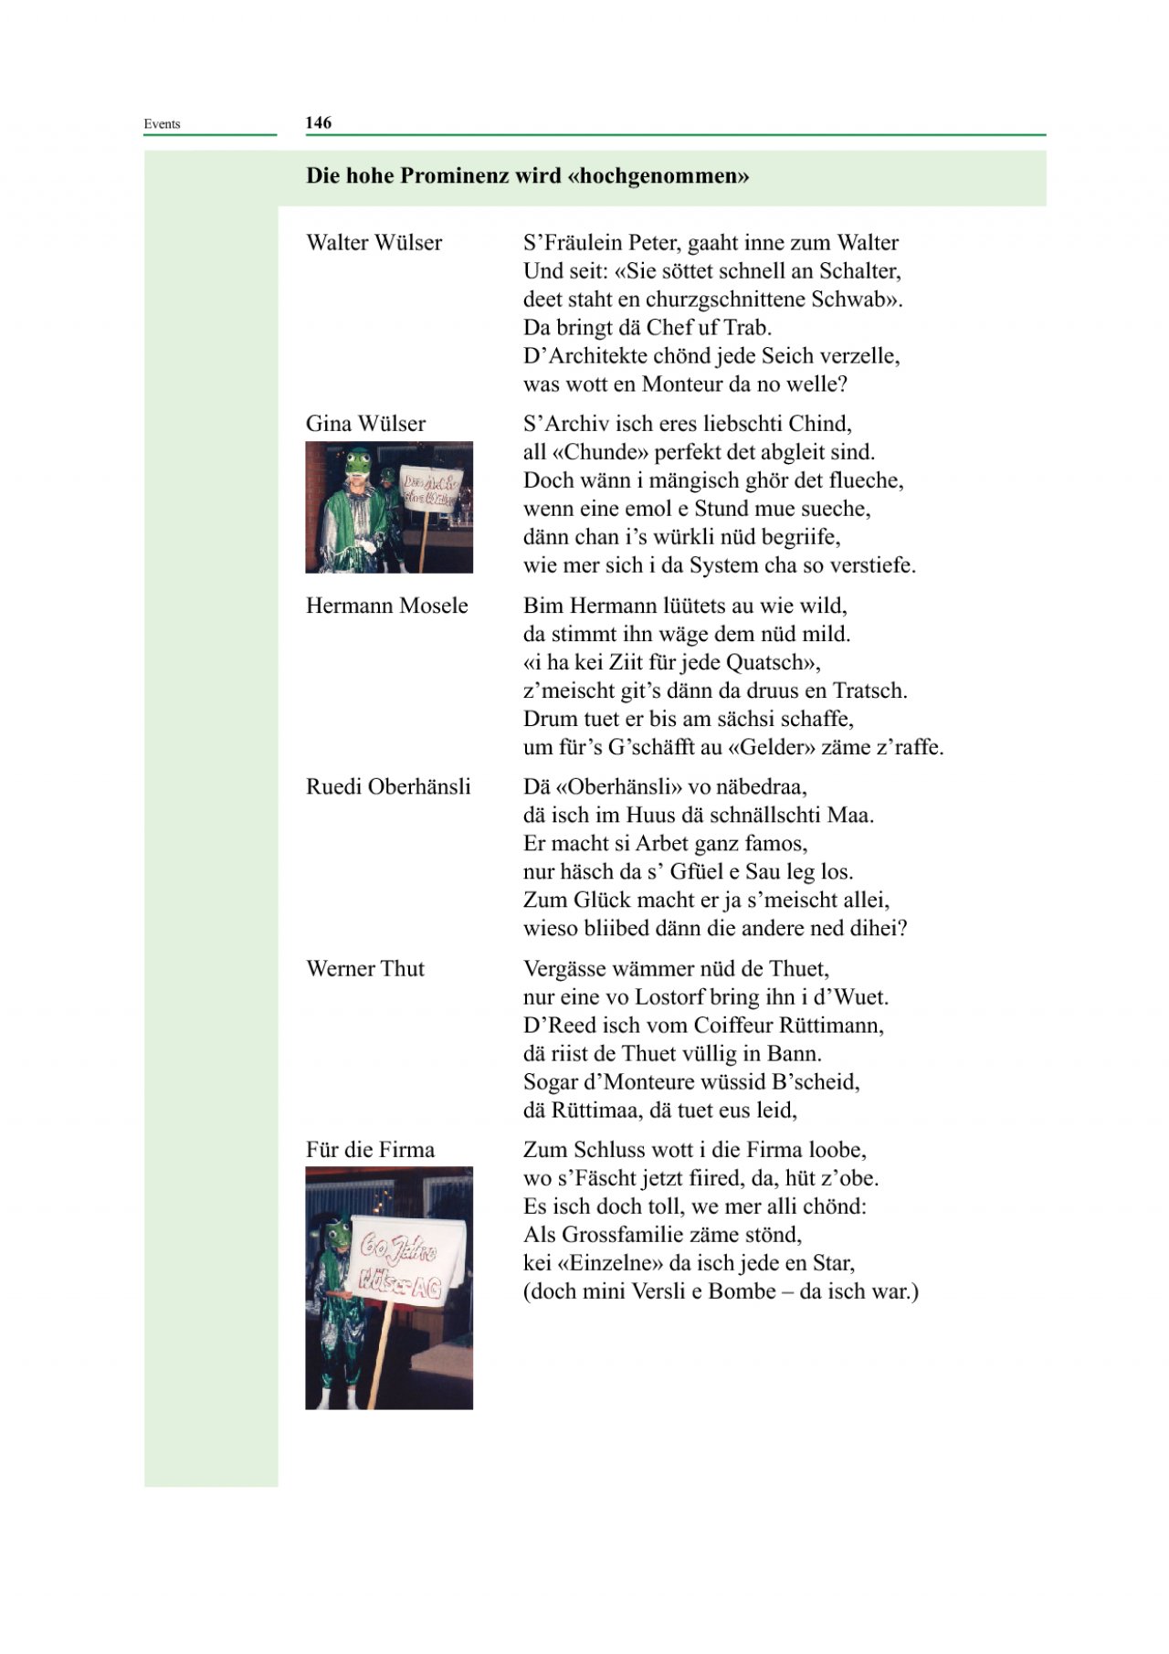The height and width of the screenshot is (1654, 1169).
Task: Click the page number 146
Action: point(319,122)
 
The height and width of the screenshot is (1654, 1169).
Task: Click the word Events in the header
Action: point(162,124)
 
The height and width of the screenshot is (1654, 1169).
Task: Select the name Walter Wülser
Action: point(374,242)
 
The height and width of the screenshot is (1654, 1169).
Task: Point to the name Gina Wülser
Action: point(365,423)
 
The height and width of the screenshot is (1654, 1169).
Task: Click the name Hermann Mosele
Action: point(386,606)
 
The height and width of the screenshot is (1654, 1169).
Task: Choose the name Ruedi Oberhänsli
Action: point(388,786)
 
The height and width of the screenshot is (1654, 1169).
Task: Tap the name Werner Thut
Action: point(365,968)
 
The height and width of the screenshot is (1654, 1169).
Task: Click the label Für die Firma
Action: point(370,1149)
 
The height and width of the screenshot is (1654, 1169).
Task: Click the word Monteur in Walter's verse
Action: point(680,384)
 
